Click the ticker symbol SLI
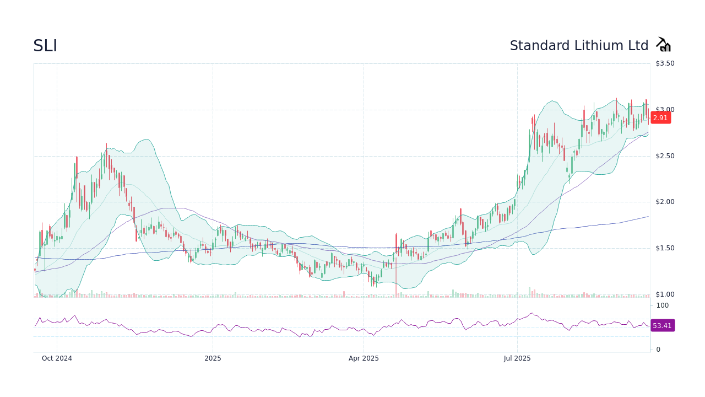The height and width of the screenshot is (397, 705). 45,46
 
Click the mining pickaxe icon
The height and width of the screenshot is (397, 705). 663,45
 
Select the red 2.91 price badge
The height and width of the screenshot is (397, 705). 660,117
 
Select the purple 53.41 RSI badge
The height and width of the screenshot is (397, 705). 662,325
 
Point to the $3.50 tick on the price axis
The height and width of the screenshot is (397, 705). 665,63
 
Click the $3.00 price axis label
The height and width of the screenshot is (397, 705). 665,110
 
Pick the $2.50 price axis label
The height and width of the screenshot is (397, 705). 665,156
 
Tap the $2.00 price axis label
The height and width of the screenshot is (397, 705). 665,202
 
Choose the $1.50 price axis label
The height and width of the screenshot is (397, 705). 665,248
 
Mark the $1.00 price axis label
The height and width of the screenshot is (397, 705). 665,294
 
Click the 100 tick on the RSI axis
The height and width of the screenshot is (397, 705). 662,305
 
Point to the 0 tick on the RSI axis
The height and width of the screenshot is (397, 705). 658,350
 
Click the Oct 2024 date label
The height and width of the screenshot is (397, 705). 57,358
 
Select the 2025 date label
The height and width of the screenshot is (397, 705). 213,358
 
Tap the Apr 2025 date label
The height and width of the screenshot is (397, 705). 364,358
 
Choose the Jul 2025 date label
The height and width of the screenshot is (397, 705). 517,358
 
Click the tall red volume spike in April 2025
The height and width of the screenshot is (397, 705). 396,278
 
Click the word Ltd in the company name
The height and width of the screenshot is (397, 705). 638,46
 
